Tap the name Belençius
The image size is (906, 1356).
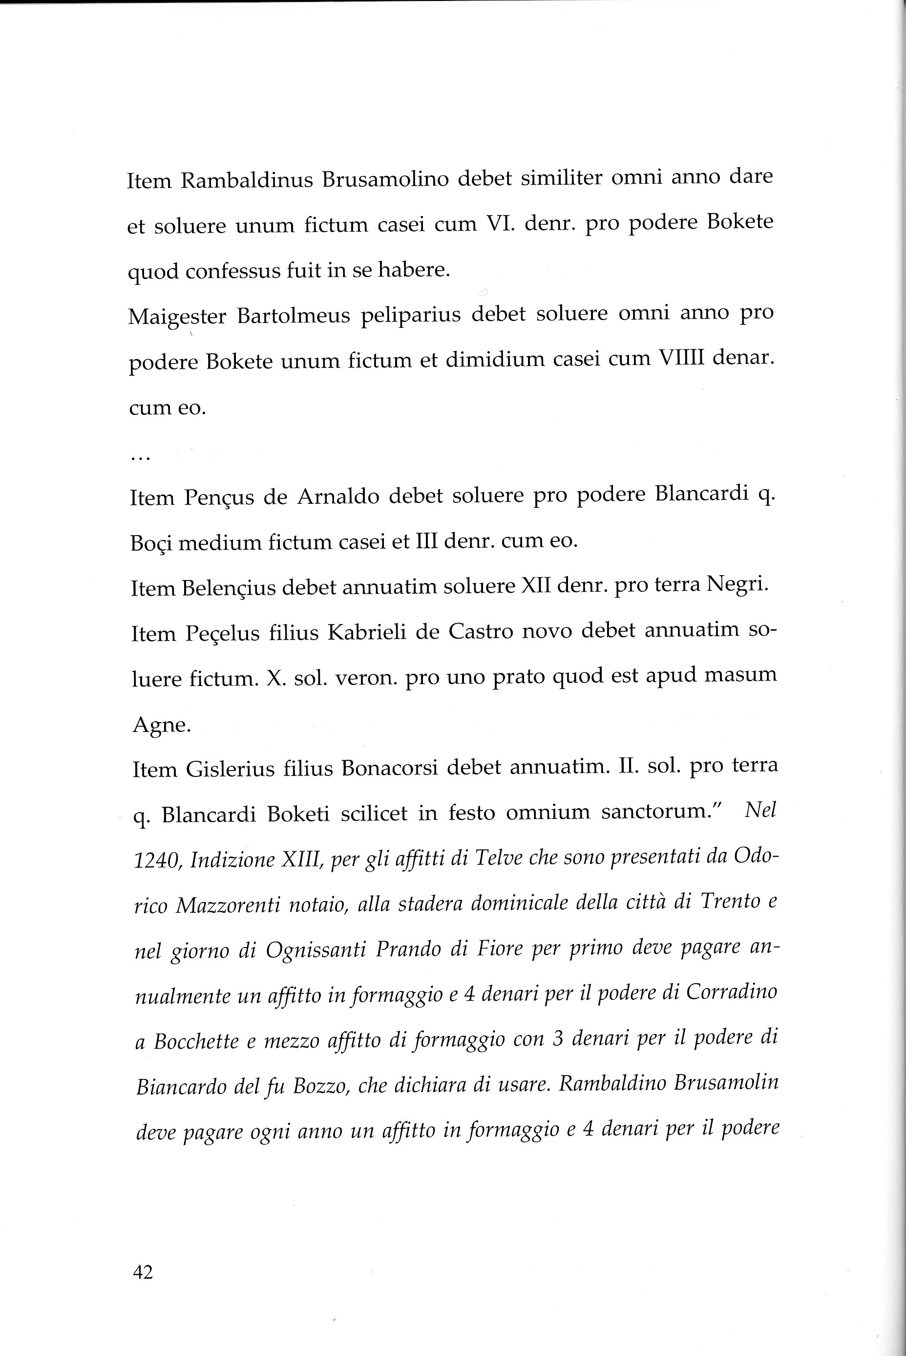(230, 588)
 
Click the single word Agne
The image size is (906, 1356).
(161, 725)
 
